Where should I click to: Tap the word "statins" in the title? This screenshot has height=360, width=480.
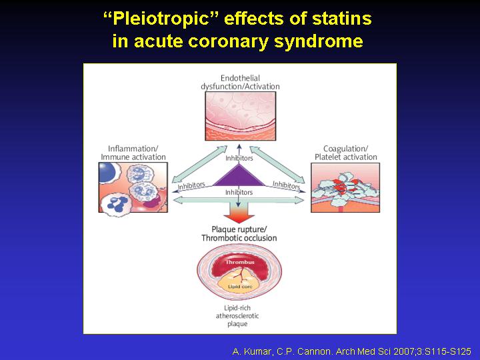(x=341, y=19)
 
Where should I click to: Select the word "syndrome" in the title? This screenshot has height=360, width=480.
(x=319, y=41)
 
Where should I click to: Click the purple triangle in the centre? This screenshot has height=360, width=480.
(x=239, y=175)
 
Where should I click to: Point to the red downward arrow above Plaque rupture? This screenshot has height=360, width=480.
(x=239, y=211)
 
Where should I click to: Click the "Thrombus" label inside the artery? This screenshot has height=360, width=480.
(x=240, y=263)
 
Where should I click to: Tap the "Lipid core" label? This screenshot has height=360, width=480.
(x=240, y=287)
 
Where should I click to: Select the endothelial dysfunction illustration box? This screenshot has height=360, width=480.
(x=240, y=116)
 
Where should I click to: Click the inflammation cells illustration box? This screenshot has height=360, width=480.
(x=133, y=187)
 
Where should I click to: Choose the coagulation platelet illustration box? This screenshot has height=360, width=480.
(x=345, y=187)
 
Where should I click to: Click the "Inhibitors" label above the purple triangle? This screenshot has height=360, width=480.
(x=239, y=158)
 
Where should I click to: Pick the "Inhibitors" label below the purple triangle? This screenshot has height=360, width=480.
(x=239, y=192)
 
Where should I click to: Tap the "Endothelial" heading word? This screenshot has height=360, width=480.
(x=240, y=78)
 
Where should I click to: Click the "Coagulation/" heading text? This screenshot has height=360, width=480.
(x=345, y=149)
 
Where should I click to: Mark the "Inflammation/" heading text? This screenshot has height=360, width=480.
(x=133, y=149)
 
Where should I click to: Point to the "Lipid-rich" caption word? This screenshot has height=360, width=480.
(x=237, y=307)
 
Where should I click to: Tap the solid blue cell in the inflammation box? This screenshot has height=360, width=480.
(x=106, y=171)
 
